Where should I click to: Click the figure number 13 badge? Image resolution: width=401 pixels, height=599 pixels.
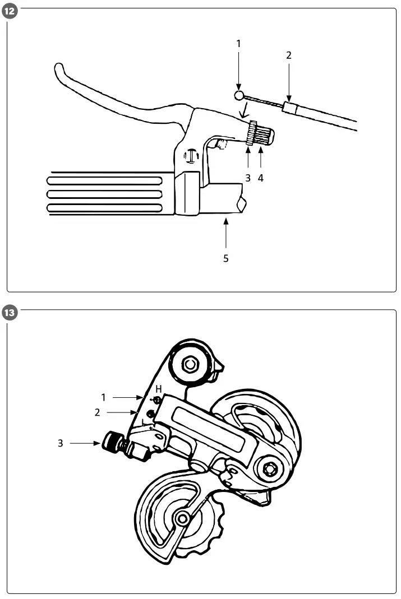click(x=10, y=313)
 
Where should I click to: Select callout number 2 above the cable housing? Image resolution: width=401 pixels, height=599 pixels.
click(x=288, y=55)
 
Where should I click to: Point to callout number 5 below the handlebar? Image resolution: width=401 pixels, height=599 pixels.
click(x=226, y=258)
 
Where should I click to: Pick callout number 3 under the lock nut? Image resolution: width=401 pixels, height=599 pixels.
click(x=247, y=178)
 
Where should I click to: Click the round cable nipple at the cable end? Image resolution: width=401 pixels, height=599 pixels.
click(x=239, y=95)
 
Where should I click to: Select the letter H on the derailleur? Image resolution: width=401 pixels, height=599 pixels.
click(x=159, y=388)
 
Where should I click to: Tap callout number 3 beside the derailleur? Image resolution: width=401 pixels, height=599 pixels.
click(x=61, y=443)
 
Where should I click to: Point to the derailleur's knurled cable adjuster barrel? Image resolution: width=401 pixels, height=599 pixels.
click(x=111, y=443)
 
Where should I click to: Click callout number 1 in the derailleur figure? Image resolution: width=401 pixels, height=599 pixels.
click(x=103, y=397)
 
